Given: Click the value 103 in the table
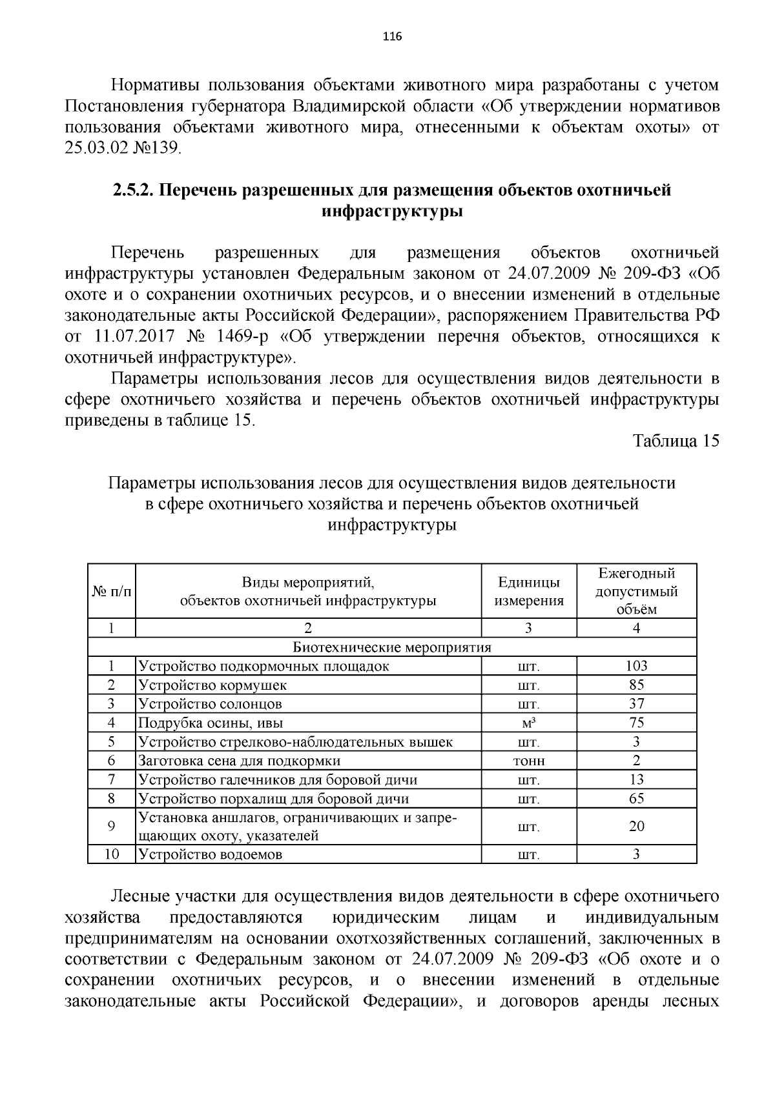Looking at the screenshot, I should point(636,666).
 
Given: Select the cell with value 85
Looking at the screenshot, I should point(636,685).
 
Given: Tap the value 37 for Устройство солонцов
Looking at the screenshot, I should point(636,704).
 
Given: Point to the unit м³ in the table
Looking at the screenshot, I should point(529,723).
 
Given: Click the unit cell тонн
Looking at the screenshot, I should point(529,761).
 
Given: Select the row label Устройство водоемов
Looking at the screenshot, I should point(211,855).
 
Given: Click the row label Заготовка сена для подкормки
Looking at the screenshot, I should point(240,761).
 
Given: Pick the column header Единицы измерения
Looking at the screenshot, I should point(529,592).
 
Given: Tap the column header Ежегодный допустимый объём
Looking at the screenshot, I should point(636,591).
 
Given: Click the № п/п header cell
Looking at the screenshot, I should point(112,592).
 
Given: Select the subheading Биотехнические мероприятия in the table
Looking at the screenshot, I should point(392,647).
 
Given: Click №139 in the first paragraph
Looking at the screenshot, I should point(157,148).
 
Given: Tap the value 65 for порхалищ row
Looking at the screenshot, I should point(636,799).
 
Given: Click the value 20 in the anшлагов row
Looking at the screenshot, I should point(636,827).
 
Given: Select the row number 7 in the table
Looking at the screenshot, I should point(112,779).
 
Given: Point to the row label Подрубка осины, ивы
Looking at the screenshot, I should point(211,723).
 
